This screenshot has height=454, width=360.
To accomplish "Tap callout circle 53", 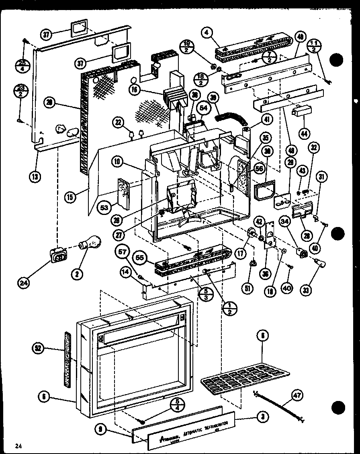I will click(103, 208).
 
